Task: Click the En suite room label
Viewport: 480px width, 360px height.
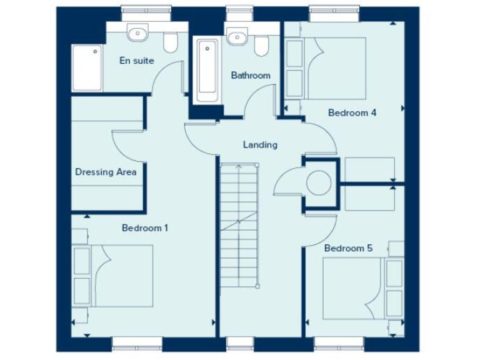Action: coord(137,61)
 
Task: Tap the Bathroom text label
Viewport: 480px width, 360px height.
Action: coord(251,76)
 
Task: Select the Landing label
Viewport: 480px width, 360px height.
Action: coord(260,145)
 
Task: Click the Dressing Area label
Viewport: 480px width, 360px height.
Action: coord(106,172)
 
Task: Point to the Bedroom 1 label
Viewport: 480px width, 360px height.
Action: coord(145,228)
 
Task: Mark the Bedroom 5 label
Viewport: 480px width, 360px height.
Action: coord(348,248)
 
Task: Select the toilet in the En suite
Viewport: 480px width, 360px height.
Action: coord(169,43)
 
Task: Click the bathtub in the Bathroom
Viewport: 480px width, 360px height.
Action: coord(206,72)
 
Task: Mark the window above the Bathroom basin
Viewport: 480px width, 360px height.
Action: coord(236,9)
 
